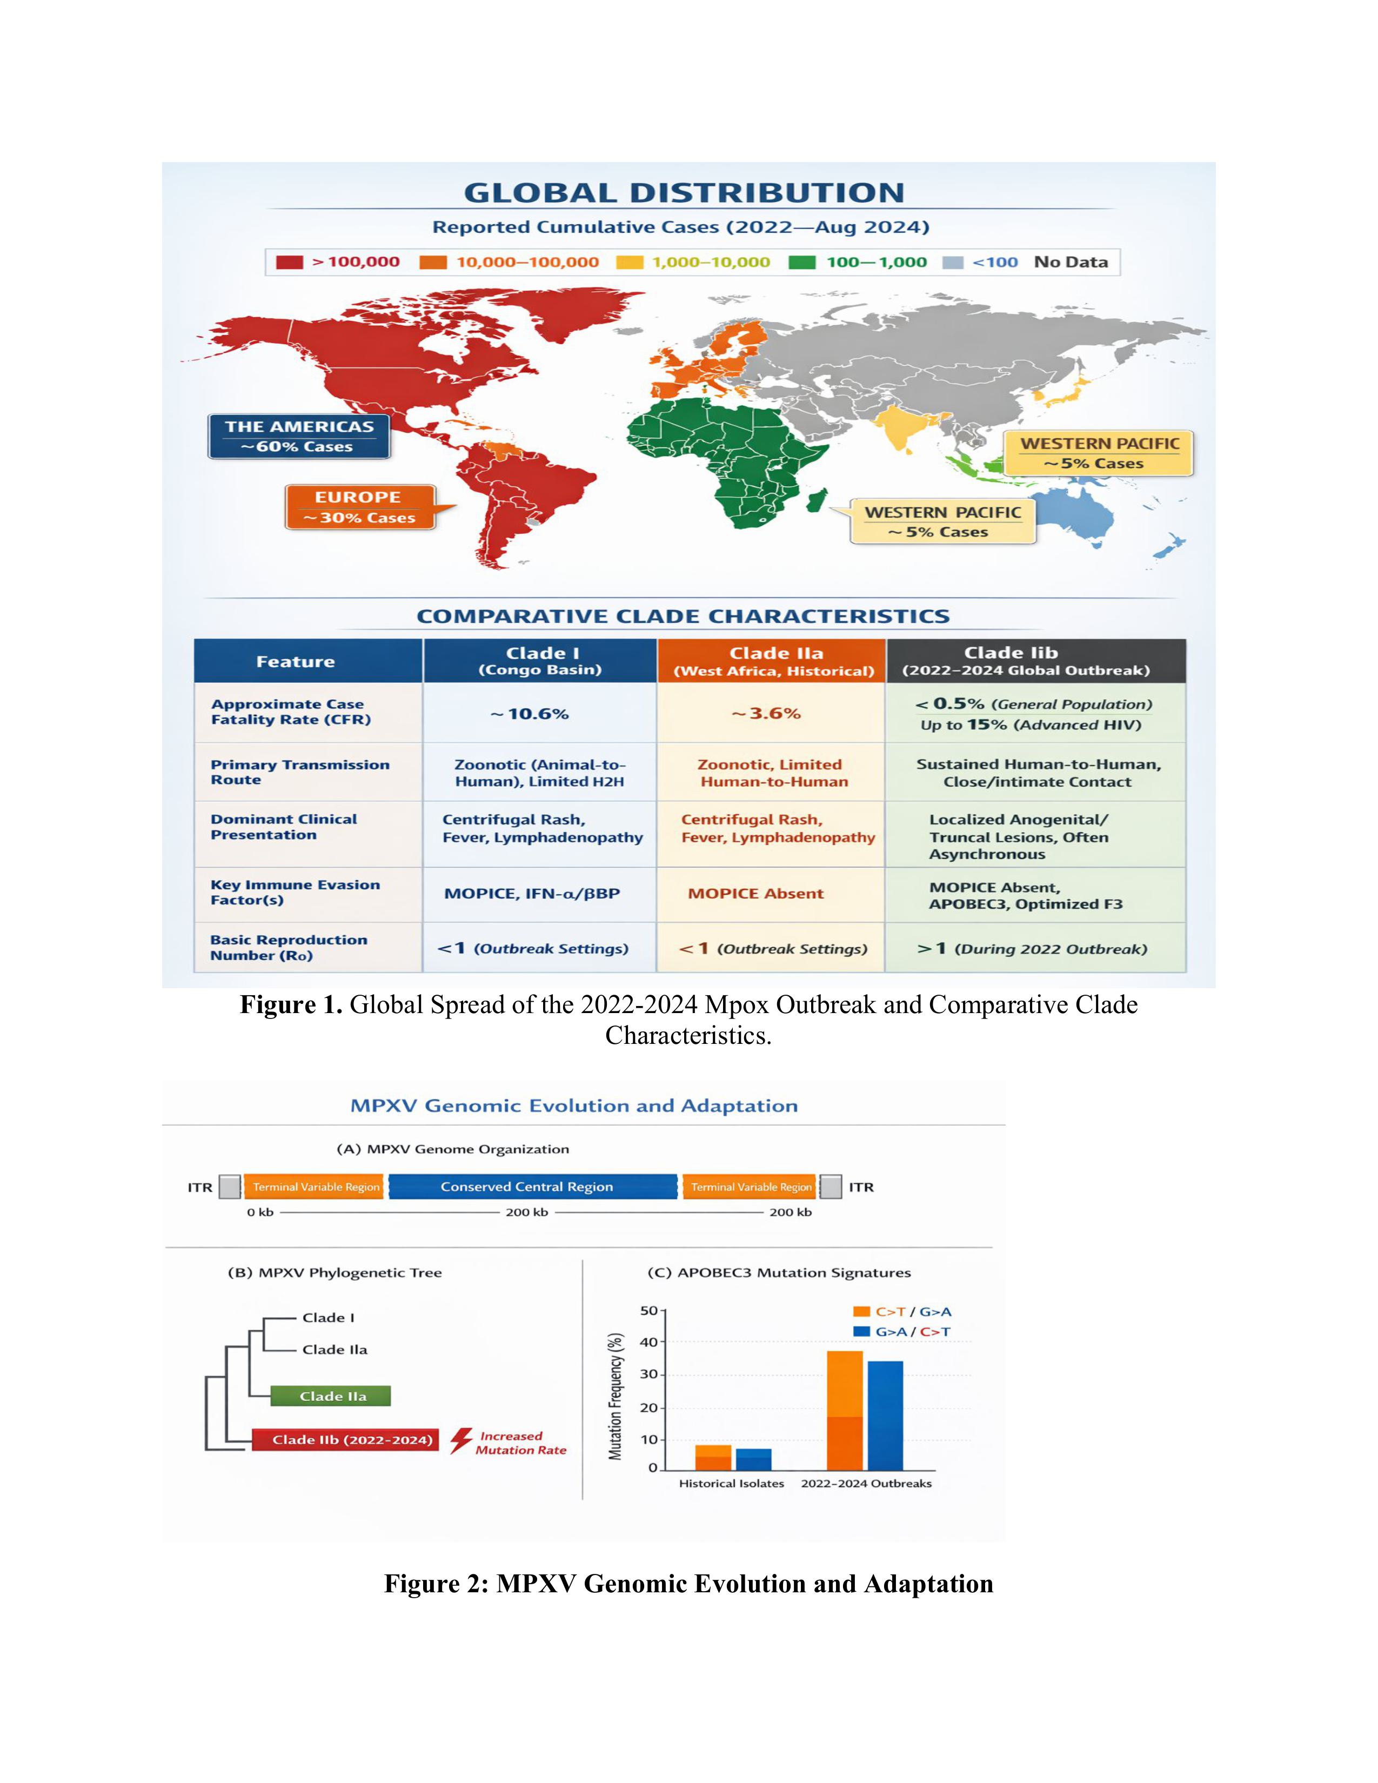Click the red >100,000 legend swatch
click(x=289, y=262)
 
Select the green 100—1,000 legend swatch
click(x=802, y=262)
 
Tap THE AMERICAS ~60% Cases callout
click(x=299, y=436)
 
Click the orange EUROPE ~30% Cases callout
click(x=359, y=507)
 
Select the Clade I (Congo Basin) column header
click(x=540, y=660)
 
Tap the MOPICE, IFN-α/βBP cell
click(x=531, y=893)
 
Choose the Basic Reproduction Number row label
click(x=289, y=947)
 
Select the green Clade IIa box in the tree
click(x=331, y=1396)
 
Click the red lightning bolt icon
click(x=461, y=1441)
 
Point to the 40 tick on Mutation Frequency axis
click(x=649, y=1342)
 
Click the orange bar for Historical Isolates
click(x=713, y=1457)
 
